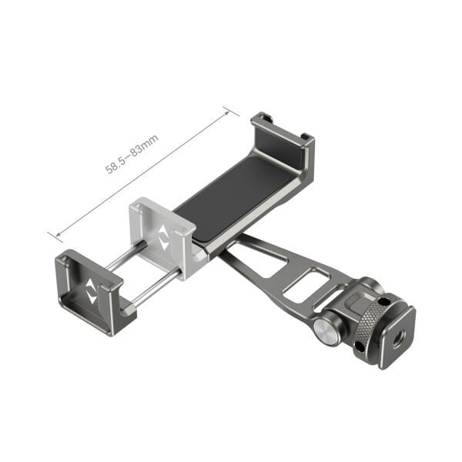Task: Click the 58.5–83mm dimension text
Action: [132, 154]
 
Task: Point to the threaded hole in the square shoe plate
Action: [399, 335]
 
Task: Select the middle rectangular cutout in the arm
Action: [302, 284]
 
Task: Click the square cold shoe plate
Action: [397, 337]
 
